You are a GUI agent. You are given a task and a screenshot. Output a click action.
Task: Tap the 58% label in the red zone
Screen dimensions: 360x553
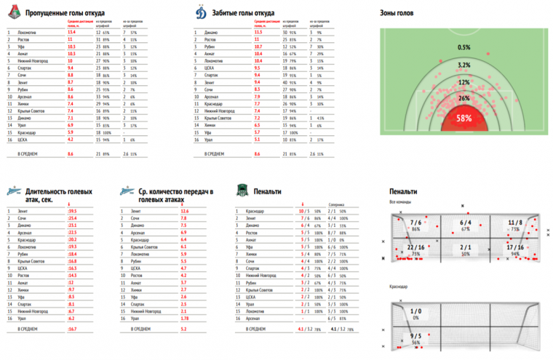pyautogui.click(x=465, y=117)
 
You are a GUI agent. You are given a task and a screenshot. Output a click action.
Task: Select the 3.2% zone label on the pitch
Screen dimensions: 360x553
pyautogui.click(x=464, y=65)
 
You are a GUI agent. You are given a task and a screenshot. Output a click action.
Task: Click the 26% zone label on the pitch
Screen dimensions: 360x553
pyautogui.click(x=464, y=97)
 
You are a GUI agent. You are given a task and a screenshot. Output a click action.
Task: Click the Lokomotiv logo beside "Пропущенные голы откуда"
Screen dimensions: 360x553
pyautogui.click(x=12, y=13)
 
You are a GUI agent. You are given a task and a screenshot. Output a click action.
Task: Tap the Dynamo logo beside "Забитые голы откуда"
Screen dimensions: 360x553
pyautogui.click(x=201, y=13)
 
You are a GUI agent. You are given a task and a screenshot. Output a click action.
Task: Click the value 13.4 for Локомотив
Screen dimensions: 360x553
pyautogui.click(x=71, y=33)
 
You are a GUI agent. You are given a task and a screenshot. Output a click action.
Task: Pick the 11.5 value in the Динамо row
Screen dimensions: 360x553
pyautogui.click(x=258, y=33)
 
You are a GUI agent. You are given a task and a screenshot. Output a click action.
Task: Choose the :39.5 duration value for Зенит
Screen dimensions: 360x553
pyautogui.click(x=72, y=211)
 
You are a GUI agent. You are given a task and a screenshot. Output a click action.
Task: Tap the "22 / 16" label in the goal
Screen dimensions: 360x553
pyautogui.click(x=416, y=248)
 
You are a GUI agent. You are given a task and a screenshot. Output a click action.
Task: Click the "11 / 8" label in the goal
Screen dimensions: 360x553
pyautogui.click(x=516, y=223)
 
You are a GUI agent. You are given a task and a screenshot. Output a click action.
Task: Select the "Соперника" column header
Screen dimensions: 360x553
pyautogui.click(x=337, y=203)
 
